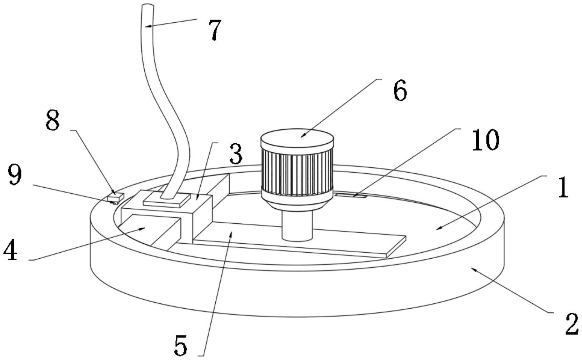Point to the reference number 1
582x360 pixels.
click(x=562, y=188)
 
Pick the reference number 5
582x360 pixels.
click(x=181, y=345)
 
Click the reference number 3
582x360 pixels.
click(x=236, y=154)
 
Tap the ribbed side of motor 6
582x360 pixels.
click(x=297, y=171)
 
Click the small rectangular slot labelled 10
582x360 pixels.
click(x=351, y=195)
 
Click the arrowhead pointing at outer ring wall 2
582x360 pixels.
click(x=473, y=268)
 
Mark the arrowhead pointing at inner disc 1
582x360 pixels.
click(x=437, y=229)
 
